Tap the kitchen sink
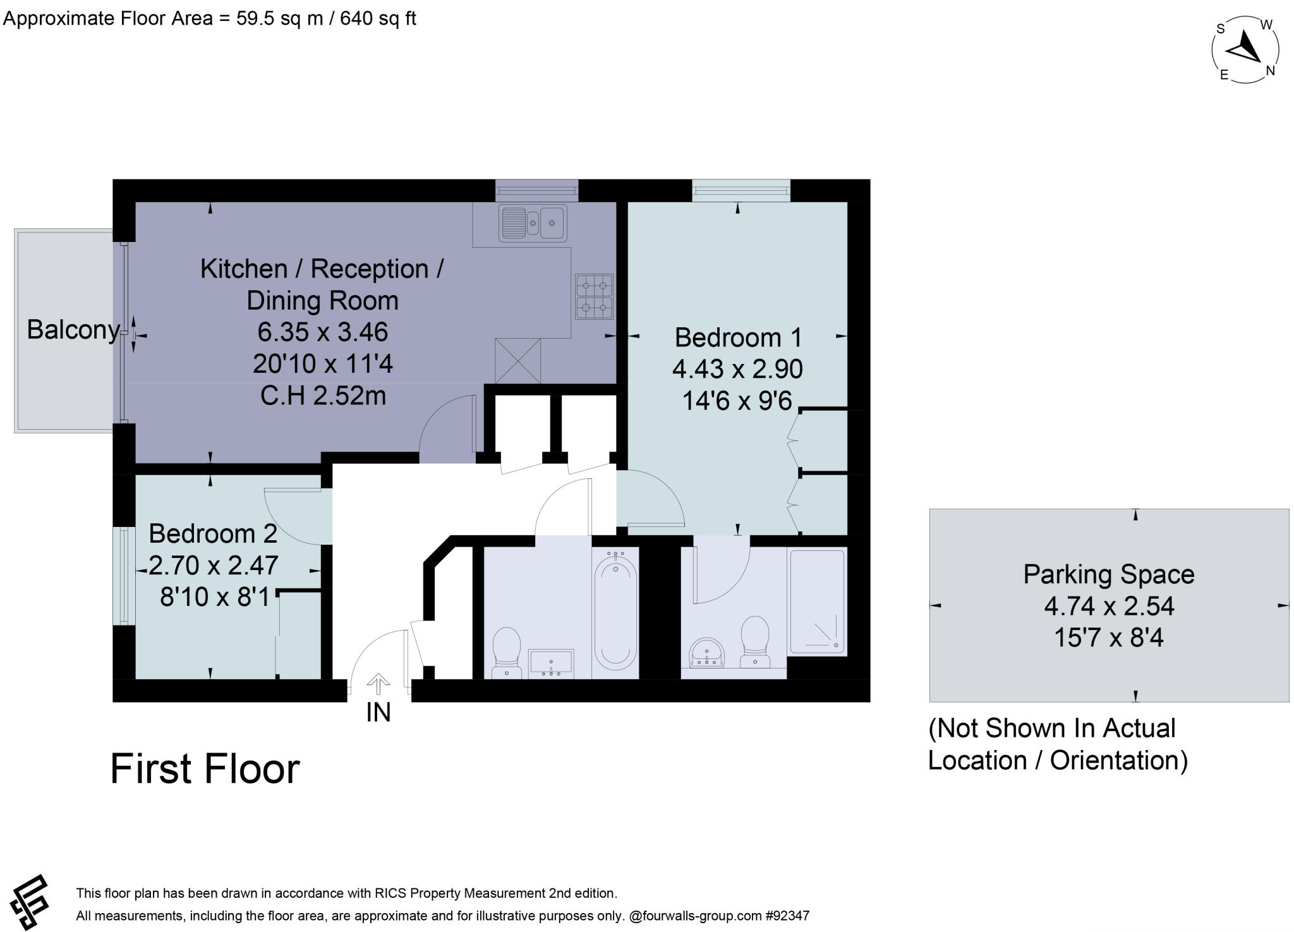[533, 222]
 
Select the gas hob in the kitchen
[594, 296]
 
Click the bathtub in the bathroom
[615, 612]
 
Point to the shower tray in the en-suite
[816, 602]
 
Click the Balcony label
[73, 330]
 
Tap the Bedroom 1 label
[738, 337]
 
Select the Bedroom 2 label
[213, 534]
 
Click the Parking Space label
[1108, 574]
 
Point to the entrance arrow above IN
[378, 684]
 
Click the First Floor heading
[205, 769]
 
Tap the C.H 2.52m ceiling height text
[323, 396]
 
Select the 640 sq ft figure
[378, 18]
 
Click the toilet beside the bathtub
[506, 651]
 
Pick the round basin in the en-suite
[707, 653]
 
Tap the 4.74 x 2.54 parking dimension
[1108, 606]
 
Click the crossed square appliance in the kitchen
[518, 361]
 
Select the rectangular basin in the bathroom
[551, 663]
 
